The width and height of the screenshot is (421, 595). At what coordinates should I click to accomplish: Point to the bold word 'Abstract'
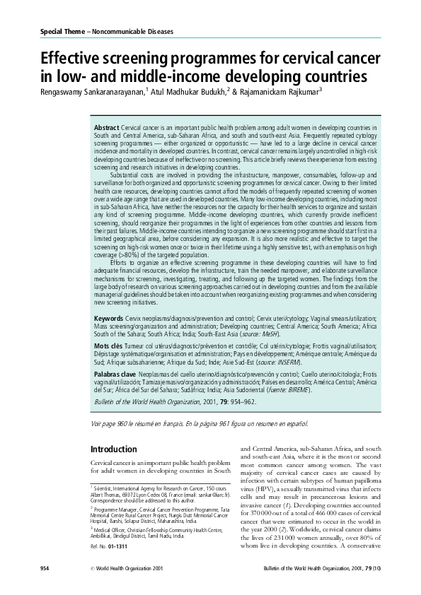(x=106, y=125)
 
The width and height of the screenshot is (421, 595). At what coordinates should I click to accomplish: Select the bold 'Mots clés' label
(x=109, y=347)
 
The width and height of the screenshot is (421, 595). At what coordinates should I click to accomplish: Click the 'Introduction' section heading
(x=114, y=449)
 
